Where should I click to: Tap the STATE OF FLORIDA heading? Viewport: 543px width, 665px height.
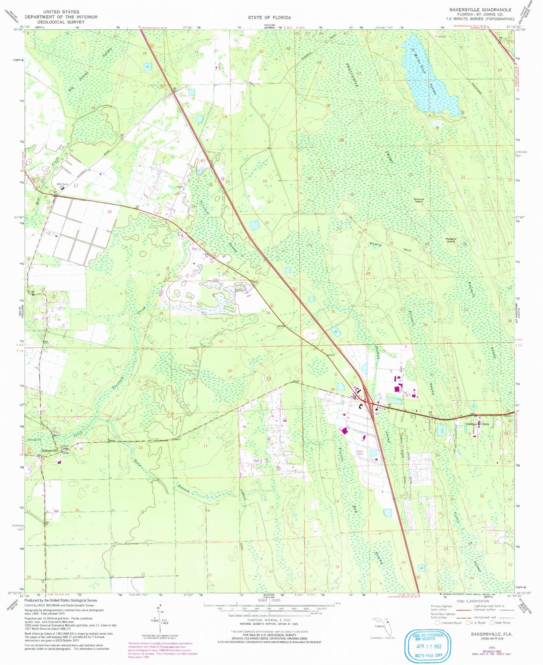click(269, 18)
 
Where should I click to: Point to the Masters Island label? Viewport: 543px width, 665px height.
click(451, 240)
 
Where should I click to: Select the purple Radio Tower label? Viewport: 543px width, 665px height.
click(361, 452)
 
